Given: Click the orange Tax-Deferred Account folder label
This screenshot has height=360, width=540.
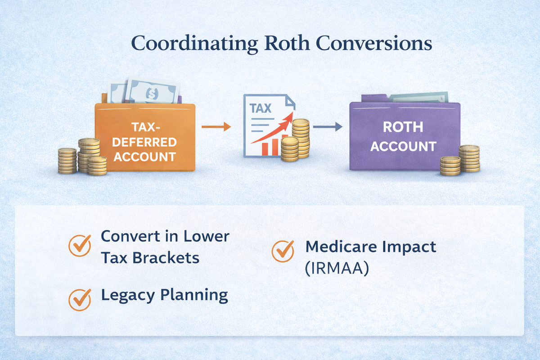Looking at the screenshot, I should click(x=144, y=142).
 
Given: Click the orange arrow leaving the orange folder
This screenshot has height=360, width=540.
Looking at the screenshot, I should click(x=216, y=127).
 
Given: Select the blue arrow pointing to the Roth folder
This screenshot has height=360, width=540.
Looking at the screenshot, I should click(x=328, y=127).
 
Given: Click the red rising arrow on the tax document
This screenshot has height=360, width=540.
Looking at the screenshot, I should click(x=274, y=130).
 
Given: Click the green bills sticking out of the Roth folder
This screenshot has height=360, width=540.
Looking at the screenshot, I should click(x=418, y=97).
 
